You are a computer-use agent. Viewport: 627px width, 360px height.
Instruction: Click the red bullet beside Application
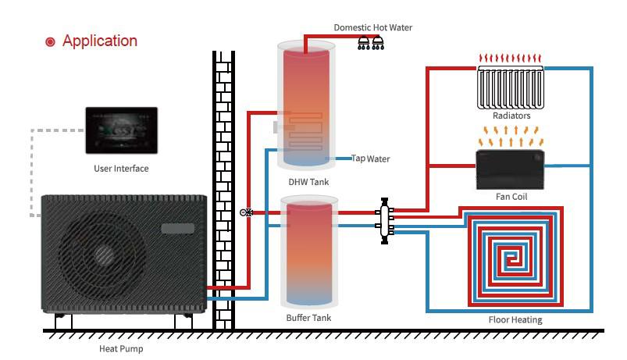(x=50, y=41)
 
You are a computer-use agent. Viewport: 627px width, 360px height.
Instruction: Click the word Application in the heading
(x=100, y=41)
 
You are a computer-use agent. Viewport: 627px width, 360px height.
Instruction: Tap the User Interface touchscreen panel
(x=122, y=130)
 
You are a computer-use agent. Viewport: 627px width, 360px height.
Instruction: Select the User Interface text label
(x=121, y=169)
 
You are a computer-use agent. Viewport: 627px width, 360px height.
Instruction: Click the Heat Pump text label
(x=121, y=349)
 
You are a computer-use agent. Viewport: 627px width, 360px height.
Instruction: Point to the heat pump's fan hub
(x=104, y=255)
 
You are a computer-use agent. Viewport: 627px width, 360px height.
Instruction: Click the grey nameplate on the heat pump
(x=177, y=228)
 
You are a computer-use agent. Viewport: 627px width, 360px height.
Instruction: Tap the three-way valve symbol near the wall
(x=246, y=212)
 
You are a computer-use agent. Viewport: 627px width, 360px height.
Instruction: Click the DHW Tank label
(x=308, y=182)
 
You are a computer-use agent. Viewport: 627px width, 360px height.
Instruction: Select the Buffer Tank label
(x=308, y=318)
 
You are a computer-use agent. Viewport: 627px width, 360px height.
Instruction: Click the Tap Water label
(x=370, y=159)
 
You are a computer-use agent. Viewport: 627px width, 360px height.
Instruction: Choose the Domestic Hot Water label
(x=373, y=27)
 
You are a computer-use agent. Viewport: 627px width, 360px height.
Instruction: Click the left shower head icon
(x=364, y=43)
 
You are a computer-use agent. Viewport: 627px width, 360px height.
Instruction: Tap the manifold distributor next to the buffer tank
(x=385, y=220)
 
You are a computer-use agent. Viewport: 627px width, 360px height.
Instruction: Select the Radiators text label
(x=511, y=116)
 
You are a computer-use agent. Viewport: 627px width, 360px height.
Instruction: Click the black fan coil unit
(x=510, y=169)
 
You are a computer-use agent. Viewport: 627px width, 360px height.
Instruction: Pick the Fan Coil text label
(x=511, y=197)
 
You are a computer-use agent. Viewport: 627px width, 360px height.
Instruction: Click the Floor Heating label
(x=515, y=320)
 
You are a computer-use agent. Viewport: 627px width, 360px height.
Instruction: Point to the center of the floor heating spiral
(x=511, y=259)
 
